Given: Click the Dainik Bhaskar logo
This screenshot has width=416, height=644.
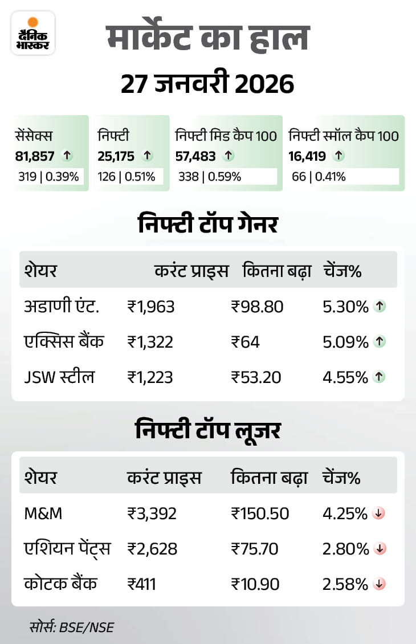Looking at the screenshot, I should pos(33,33).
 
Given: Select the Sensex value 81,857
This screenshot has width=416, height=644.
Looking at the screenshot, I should pos(35,154).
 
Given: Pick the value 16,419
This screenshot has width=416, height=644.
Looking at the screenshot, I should pos(308,154).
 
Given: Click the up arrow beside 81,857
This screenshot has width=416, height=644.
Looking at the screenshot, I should pos(67,154).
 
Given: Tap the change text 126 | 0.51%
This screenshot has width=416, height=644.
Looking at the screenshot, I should pos(126,177).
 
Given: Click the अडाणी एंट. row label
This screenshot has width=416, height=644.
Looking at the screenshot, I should pos(62,307).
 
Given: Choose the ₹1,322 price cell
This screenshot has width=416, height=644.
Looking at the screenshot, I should pos(150,342).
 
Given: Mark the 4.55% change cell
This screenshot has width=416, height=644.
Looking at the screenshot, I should pos(345,377).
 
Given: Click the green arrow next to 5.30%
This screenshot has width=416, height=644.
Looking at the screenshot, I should pos(380,307).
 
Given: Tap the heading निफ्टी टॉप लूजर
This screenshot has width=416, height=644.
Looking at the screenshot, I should pos(207,430).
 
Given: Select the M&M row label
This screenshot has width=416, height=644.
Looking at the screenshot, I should pos(43,513).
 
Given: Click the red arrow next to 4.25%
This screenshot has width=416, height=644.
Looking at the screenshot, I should pos(379,513).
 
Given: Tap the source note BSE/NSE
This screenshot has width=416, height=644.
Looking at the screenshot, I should pos(72,627).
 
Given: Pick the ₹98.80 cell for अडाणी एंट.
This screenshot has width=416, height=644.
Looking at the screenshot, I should pos(257,307).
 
